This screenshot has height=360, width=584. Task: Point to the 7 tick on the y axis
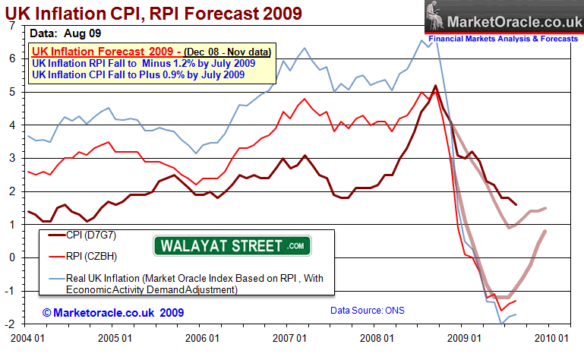click(x=11, y=26)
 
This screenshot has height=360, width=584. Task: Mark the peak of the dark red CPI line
click(x=435, y=86)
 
